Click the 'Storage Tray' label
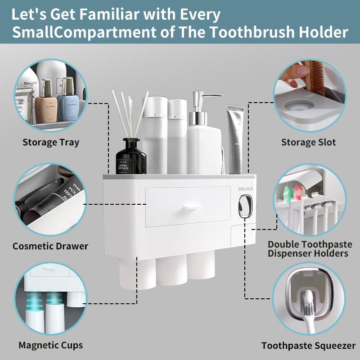click(51, 143)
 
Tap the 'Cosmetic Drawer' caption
click(50, 246)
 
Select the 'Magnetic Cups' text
click(51, 346)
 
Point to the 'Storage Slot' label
click(309, 143)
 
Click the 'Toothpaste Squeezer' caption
click(309, 346)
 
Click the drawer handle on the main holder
click(192, 207)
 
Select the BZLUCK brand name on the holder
click(246, 189)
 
